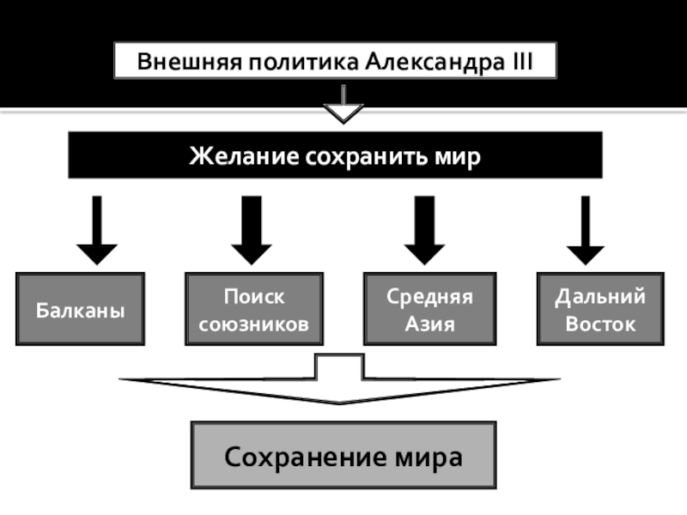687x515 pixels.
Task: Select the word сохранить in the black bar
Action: point(368,156)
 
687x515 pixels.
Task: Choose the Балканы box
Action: point(81,309)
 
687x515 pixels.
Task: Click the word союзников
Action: point(254,325)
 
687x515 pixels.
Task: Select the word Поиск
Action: point(254,297)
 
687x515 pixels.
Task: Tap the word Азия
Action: point(429,325)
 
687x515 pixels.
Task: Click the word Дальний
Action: point(599,297)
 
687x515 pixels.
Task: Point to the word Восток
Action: point(599,325)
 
